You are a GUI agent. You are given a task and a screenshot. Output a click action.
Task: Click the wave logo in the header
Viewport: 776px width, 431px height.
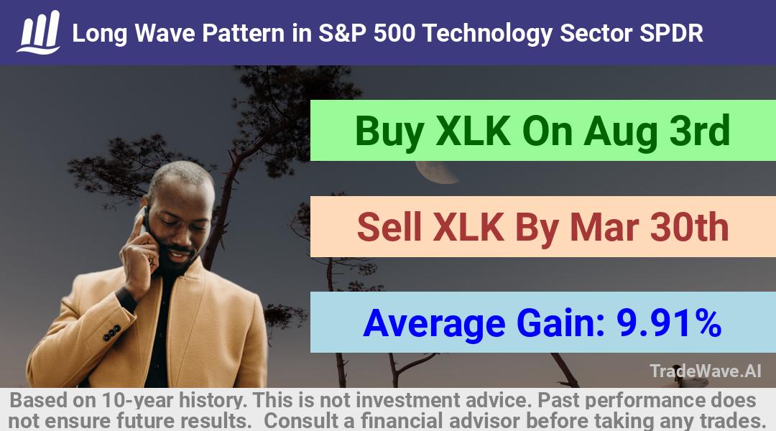[x=39, y=32]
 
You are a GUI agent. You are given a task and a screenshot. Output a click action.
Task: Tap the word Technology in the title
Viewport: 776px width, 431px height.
[x=487, y=34]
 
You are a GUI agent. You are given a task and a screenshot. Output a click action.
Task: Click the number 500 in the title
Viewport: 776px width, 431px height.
[x=394, y=33]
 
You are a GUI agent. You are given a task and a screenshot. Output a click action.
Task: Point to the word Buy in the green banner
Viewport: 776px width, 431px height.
[x=389, y=131]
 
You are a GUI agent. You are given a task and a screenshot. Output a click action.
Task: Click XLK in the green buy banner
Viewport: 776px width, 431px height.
[x=473, y=131]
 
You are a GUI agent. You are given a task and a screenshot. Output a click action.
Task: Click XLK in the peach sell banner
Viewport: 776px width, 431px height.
[x=468, y=228]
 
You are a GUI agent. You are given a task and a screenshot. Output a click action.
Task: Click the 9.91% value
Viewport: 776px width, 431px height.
[x=669, y=323]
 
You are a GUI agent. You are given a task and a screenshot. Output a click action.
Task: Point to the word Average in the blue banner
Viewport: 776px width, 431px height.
[x=434, y=324]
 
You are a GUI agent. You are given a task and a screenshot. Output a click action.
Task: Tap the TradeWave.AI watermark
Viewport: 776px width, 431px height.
[x=706, y=371]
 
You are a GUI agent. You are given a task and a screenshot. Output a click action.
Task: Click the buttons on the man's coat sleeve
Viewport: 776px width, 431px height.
[x=111, y=333]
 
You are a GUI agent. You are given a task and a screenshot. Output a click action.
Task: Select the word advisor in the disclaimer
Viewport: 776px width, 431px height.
[x=484, y=421]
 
